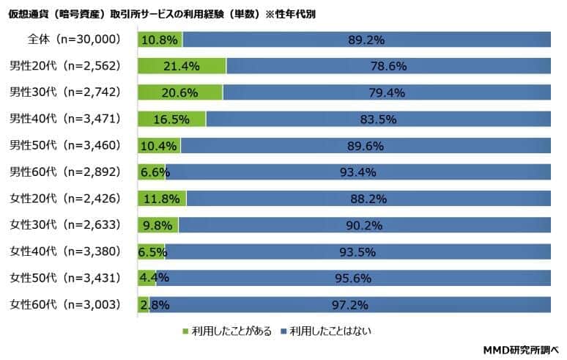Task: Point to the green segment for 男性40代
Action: click(171, 119)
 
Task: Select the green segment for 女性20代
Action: click(162, 198)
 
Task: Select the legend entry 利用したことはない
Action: click(326, 331)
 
